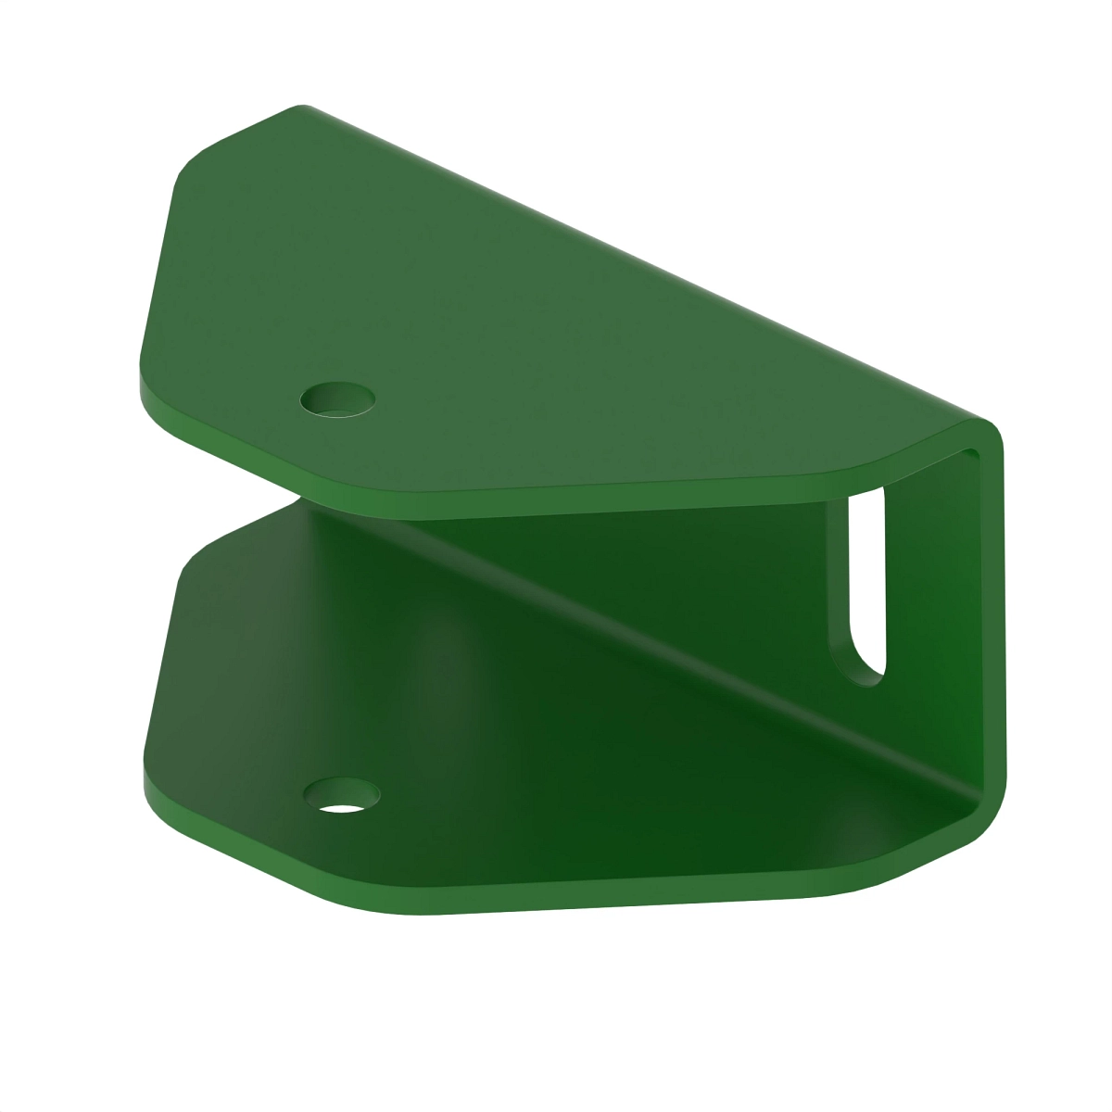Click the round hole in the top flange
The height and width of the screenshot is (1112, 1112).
(x=339, y=399)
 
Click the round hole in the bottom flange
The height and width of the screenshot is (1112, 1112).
(x=342, y=796)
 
